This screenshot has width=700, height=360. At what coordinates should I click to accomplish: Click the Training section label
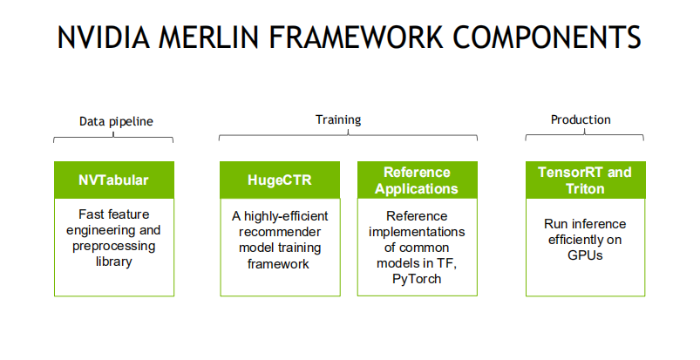pos(337,119)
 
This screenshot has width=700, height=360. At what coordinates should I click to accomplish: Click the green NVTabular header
pos(113,180)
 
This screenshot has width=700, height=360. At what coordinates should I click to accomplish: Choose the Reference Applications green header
pos(417,180)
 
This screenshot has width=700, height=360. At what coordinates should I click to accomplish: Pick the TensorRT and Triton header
pos(585,180)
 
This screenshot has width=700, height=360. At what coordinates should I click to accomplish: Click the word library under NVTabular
pos(114,261)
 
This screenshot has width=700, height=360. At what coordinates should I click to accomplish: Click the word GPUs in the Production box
pos(584,255)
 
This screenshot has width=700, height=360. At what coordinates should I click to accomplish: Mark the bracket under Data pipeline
pos(113,138)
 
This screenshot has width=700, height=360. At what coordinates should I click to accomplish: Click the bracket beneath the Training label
pos(348,135)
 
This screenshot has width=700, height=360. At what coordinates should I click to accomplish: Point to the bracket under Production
pos(584,136)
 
